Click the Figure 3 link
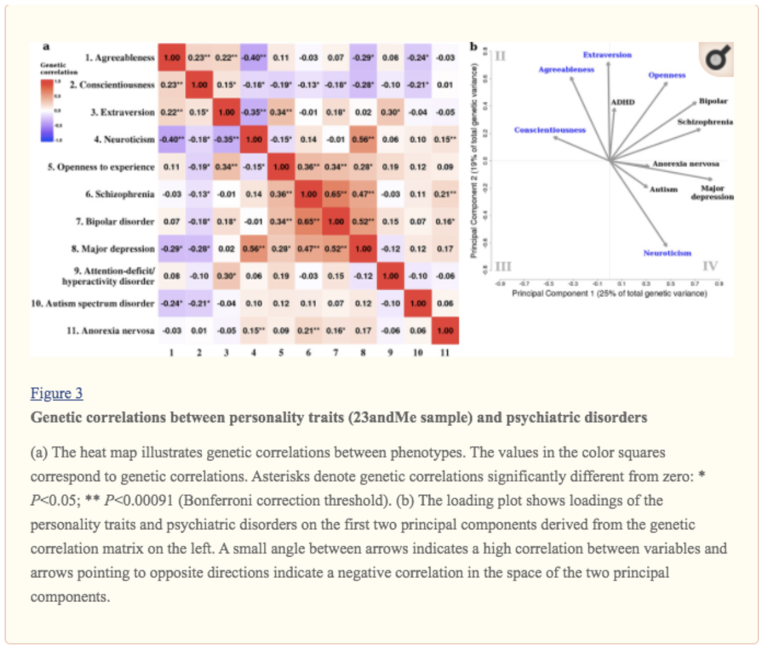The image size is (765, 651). (56, 393)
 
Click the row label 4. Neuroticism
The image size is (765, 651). (124, 139)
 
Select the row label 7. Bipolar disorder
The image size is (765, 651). (115, 221)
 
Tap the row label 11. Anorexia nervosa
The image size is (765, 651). (110, 330)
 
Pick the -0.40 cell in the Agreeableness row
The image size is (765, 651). (254, 57)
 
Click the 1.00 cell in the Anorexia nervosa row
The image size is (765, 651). (445, 330)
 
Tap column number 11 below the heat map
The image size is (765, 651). (445, 352)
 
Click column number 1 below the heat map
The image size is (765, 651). (172, 352)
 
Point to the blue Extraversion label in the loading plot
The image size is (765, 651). (607, 55)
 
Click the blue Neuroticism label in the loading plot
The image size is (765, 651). (667, 253)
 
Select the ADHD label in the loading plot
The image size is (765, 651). (623, 102)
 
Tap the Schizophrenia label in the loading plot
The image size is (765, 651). (704, 122)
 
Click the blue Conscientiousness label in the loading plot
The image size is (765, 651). (550, 130)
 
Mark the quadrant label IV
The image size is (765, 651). (710, 266)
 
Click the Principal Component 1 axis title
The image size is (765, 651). (609, 293)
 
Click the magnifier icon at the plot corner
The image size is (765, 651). (717, 59)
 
